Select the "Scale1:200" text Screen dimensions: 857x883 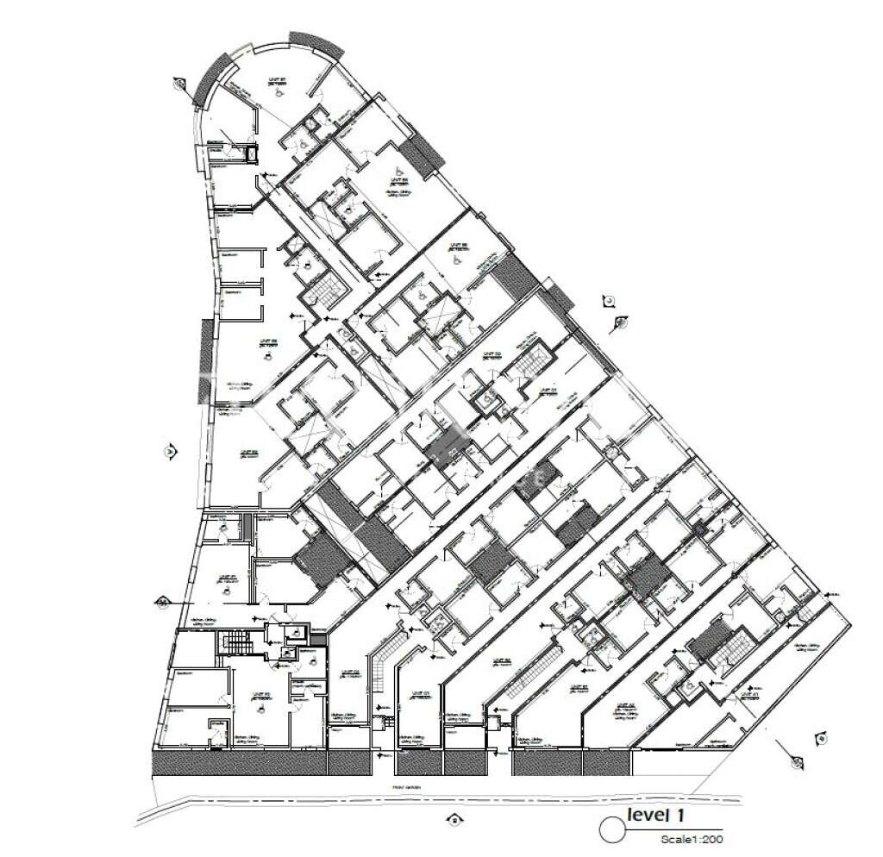tap(692, 838)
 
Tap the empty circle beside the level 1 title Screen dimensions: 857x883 tap(611, 829)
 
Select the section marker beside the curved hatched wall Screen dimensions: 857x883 tap(179, 84)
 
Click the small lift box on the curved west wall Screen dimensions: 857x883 tap(252, 153)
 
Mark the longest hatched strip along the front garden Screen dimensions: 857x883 tap(238, 762)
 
